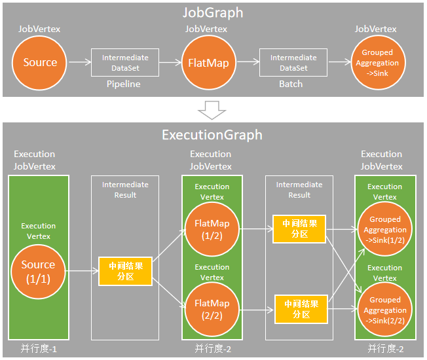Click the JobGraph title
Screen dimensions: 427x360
click(x=213, y=13)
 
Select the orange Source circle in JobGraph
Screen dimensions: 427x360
click(x=39, y=63)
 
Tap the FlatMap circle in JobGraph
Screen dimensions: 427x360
click(x=209, y=63)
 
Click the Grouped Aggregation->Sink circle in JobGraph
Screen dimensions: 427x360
click(x=379, y=63)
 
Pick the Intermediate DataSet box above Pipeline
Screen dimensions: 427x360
click(x=125, y=63)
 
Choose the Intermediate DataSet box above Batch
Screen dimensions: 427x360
click(x=293, y=63)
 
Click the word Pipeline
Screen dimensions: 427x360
click(x=123, y=84)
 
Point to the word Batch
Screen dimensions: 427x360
click(x=291, y=84)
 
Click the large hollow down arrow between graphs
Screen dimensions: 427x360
click(x=212, y=110)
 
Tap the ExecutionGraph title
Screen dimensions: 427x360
click(x=212, y=135)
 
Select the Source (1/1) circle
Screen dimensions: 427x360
click(x=38, y=272)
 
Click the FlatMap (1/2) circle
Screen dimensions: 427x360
click(x=212, y=229)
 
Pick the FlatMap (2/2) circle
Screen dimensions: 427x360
click(x=212, y=310)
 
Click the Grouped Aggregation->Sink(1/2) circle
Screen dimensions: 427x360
click(x=385, y=229)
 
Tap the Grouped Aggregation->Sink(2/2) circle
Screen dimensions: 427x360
click(x=385, y=310)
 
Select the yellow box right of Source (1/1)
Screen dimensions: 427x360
click(x=125, y=271)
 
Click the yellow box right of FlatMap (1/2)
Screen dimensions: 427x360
click(x=299, y=229)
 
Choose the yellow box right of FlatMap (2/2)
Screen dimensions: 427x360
click(x=301, y=309)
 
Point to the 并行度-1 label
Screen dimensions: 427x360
click(x=39, y=349)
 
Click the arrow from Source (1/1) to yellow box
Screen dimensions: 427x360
click(x=82, y=271)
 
